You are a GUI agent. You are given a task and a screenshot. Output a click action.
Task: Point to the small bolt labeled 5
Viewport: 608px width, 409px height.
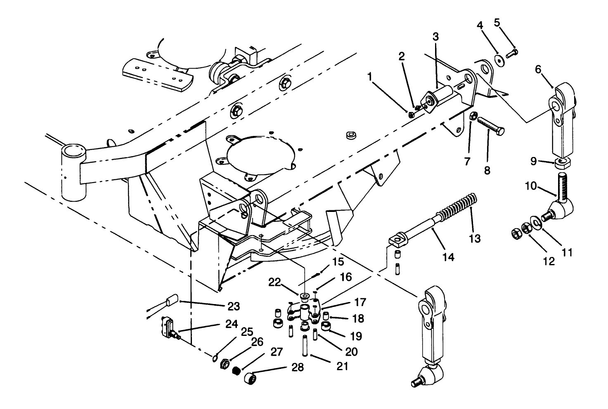click(511, 53)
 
